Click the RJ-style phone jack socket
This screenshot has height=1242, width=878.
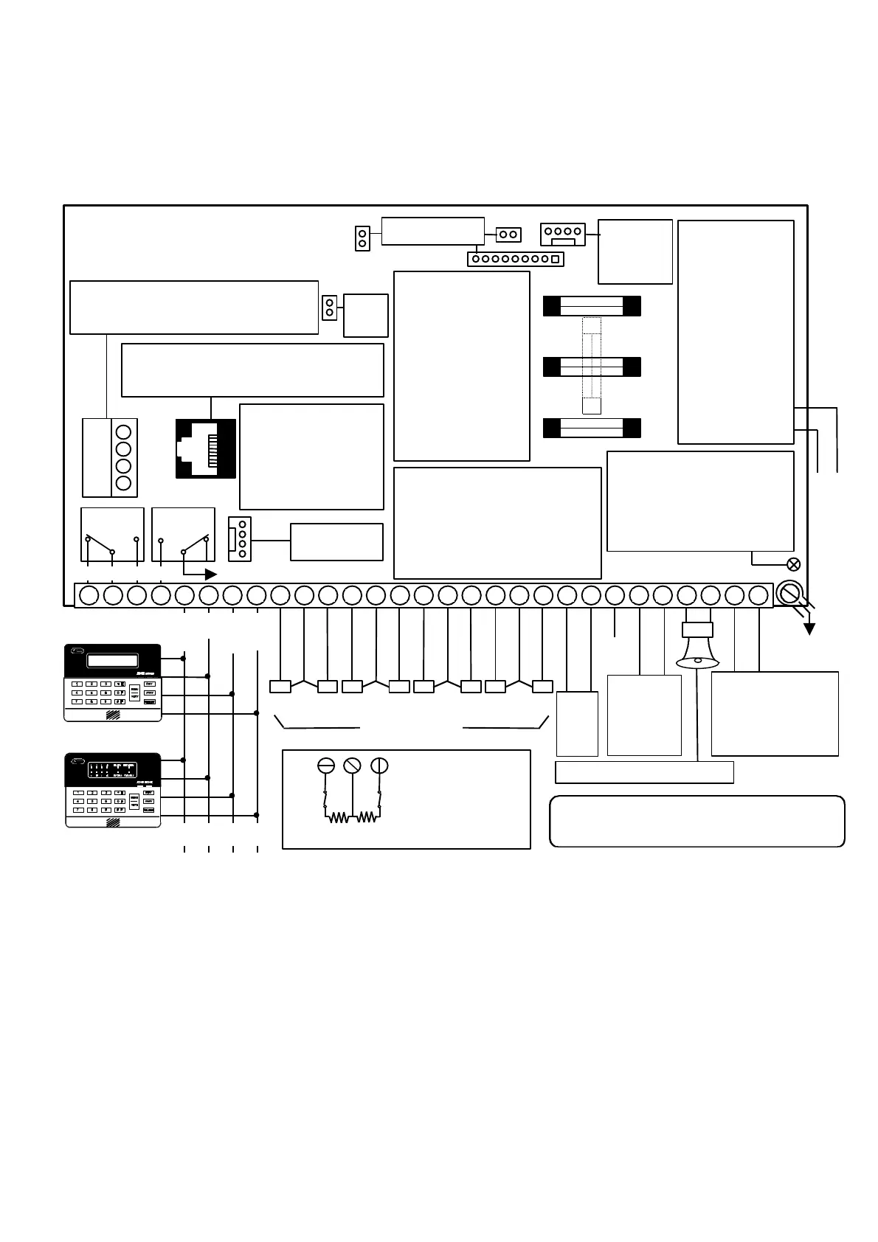pos(205,448)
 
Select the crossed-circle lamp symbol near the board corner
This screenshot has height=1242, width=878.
pos(794,564)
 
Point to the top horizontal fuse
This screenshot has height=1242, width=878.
pos(592,306)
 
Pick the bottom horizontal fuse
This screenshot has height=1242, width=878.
pos(592,428)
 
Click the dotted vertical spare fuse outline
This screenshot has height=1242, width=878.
pos(592,365)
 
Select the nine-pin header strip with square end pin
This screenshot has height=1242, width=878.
pos(515,259)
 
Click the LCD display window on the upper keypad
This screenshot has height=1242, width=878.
pos(113,660)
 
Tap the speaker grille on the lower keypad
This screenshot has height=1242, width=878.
pos(113,822)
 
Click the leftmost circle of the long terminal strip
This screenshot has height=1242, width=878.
pos(89,595)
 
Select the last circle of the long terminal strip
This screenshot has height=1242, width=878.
pos(758,595)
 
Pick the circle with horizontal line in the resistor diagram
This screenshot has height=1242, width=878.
pos(325,766)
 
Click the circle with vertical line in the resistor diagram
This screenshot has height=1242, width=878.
pos(379,766)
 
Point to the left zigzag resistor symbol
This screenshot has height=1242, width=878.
pos(339,817)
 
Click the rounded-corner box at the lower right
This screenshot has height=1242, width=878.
pos(697,821)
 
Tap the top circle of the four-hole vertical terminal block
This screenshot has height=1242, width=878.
pos(124,431)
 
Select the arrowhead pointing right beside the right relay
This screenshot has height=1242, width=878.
pos(211,574)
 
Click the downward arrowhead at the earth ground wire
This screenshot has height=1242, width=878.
pos(810,628)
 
